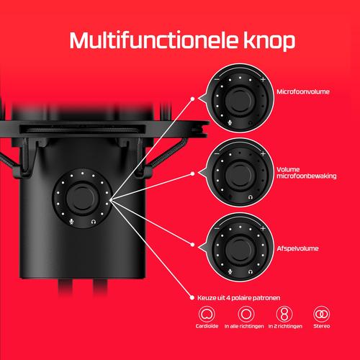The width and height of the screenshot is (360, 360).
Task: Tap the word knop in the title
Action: (269, 42)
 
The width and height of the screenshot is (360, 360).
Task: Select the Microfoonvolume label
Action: (303, 91)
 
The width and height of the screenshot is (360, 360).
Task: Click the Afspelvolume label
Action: (297, 248)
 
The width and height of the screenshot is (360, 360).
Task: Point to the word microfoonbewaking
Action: (307, 176)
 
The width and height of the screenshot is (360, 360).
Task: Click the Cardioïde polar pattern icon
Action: (207, 314)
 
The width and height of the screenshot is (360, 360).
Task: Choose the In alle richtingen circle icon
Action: (246, 314)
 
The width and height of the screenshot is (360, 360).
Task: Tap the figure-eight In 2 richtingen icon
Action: (284, 314)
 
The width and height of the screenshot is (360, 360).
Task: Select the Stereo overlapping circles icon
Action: (321, 314)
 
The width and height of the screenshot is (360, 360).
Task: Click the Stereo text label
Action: (322, 326)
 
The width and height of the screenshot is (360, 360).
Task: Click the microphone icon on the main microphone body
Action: (71, 222)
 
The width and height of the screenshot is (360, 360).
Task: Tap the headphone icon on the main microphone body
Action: (94, 222)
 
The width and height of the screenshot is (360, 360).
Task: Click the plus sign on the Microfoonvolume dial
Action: (263, 79)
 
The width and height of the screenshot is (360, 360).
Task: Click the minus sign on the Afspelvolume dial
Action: (217, 228)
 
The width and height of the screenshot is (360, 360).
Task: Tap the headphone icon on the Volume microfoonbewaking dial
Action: (251, 197)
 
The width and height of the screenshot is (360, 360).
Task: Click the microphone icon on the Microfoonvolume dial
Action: (230, 122)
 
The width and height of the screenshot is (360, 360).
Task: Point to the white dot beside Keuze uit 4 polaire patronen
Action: (192, 297)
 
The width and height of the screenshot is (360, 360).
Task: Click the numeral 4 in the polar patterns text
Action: (228, 298)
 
